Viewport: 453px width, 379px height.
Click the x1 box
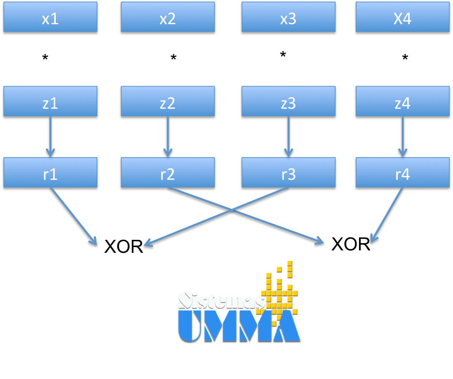click(50, 18)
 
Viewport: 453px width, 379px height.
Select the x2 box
click(167, 18)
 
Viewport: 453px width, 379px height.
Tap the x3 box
click(288, 18)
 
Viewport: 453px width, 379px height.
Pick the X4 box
click(402, 18)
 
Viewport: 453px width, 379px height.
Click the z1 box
click(50, 102)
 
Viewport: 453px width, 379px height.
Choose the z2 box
click(167, 102)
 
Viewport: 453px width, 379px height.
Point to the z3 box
click(288, 102)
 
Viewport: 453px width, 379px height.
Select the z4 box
click(402, 102)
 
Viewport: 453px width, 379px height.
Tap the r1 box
click(50, 173)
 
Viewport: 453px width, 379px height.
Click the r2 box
click(167, 173)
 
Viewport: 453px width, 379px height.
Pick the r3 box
click(288, 173)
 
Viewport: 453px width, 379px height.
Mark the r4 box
click(402, 173)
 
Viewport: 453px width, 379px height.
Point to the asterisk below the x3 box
click(283, 55)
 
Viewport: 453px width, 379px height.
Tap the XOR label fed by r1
click(123, 246)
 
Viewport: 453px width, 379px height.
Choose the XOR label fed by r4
click(350, 245)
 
